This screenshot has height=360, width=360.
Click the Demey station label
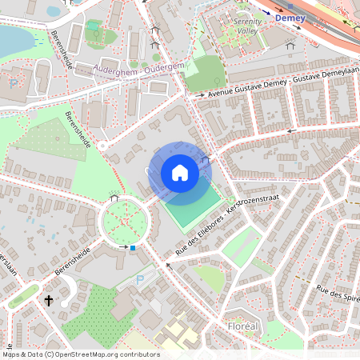(290, 17)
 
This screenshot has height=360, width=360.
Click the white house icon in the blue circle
(180, 173)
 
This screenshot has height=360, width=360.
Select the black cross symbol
(49, 301)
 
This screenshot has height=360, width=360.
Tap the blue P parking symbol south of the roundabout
(141, 280)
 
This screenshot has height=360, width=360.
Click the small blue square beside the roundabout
(133, 248)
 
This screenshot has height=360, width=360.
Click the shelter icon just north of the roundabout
(114, 197)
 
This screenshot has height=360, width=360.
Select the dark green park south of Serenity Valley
(206, 72)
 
